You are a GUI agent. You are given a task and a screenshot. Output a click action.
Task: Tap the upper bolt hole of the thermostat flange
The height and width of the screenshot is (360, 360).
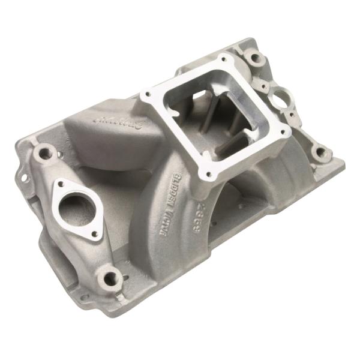(x=61, y=185)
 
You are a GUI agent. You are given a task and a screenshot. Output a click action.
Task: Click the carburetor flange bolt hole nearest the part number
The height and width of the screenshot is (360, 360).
(x=209, y=175)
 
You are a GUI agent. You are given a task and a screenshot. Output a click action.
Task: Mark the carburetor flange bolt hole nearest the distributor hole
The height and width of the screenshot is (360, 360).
(x=283, y=128)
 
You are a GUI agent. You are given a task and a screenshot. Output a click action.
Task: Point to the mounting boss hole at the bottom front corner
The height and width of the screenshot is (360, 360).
(x=112, y=277)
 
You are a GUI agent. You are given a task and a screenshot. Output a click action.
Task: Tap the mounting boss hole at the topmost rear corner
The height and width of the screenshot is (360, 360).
(x=256, y=59)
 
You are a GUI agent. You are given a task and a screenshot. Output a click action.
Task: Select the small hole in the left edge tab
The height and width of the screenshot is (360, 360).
(x=25, y=178)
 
